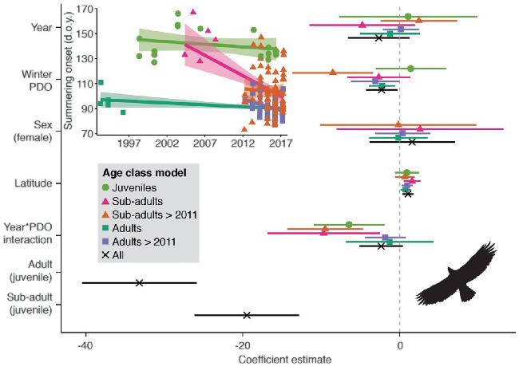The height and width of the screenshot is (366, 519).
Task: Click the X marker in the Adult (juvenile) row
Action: point(139,282)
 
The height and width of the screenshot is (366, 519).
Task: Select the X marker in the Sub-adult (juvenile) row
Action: point(246,315)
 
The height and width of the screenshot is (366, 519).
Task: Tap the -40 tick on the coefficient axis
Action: point(85,346)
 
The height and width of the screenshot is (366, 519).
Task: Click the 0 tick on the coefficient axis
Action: point(399,346)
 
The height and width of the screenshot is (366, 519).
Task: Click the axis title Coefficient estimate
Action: point(286,359)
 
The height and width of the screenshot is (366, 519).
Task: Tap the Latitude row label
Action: point(34,184)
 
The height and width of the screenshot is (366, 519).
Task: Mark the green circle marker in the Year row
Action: point(408,17)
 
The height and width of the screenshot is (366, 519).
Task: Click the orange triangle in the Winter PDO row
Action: point(333,73)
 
